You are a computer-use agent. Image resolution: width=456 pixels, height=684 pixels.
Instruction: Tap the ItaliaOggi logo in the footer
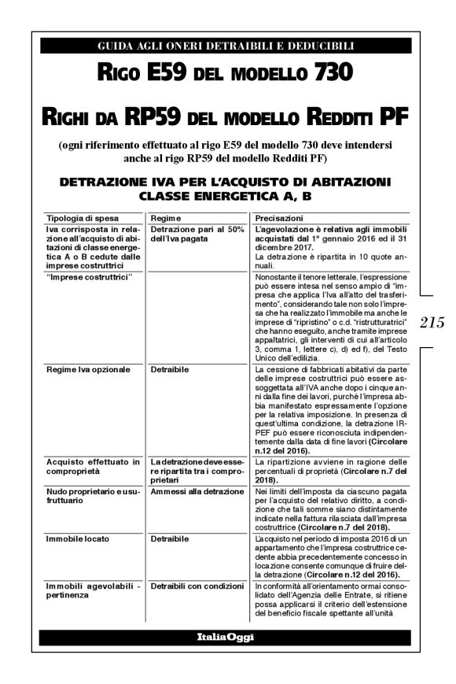pyautogui.click(x=226, y=637)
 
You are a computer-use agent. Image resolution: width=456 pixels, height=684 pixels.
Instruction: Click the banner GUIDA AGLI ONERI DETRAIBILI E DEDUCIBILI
pyautogui.click(x=226, y=46)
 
